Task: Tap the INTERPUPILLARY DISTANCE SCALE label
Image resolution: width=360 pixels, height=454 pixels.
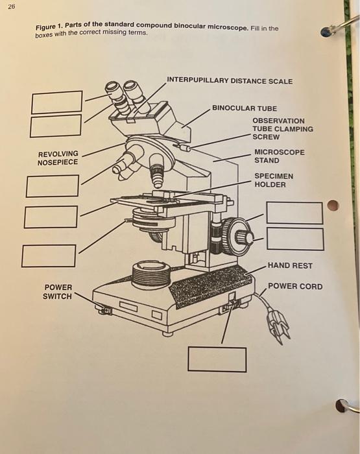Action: coord(229,81)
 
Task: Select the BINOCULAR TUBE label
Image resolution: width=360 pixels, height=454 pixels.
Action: coord(244,108)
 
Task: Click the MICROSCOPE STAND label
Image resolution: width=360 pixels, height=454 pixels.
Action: coord(279,156)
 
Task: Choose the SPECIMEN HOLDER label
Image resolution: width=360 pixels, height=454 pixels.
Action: coord(273,180)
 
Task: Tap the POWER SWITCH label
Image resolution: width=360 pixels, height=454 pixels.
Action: coord(58,292)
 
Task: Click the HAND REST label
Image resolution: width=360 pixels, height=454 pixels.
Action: coord(289,265)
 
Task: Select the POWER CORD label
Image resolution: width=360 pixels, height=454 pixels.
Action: coord(294,286)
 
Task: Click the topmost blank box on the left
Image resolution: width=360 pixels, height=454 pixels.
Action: coord(57,102)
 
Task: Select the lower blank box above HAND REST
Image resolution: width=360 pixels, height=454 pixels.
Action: coord(294,239)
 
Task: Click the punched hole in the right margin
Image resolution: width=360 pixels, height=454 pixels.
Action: coord(332,206)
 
